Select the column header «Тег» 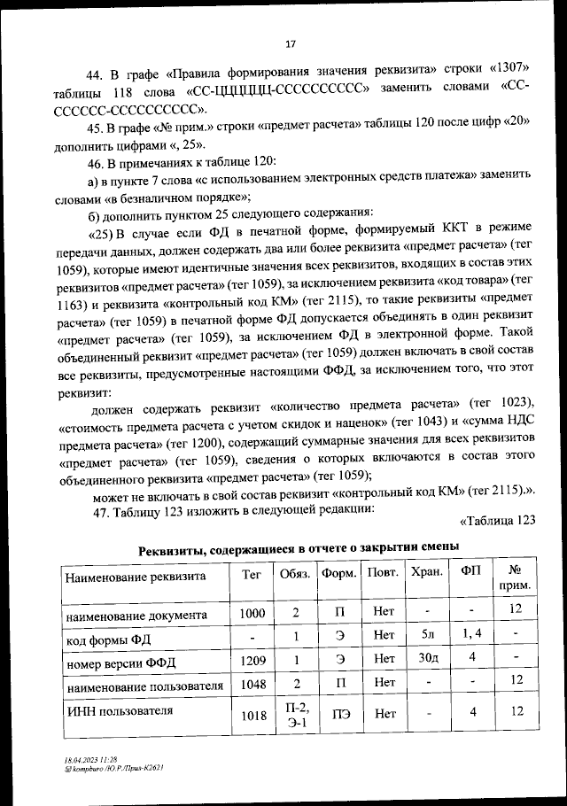[252, 574]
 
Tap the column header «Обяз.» [295, 574]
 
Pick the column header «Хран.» [427, 573]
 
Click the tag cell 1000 [252, 612]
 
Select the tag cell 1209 [252, 659]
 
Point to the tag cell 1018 [252, 716]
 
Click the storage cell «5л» [427, 635]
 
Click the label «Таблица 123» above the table [500, 520]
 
